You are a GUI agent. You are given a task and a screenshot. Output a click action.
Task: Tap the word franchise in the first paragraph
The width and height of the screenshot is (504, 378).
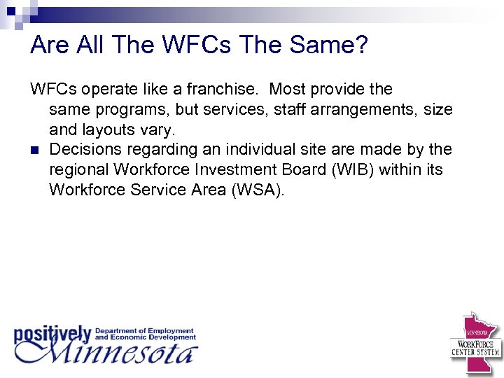(x=229, y=90)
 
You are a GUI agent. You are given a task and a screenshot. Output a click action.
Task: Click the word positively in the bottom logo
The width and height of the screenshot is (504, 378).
(x=52, y=335)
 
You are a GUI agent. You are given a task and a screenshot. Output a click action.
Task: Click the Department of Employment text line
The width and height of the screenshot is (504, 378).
(x=144, y=330)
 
